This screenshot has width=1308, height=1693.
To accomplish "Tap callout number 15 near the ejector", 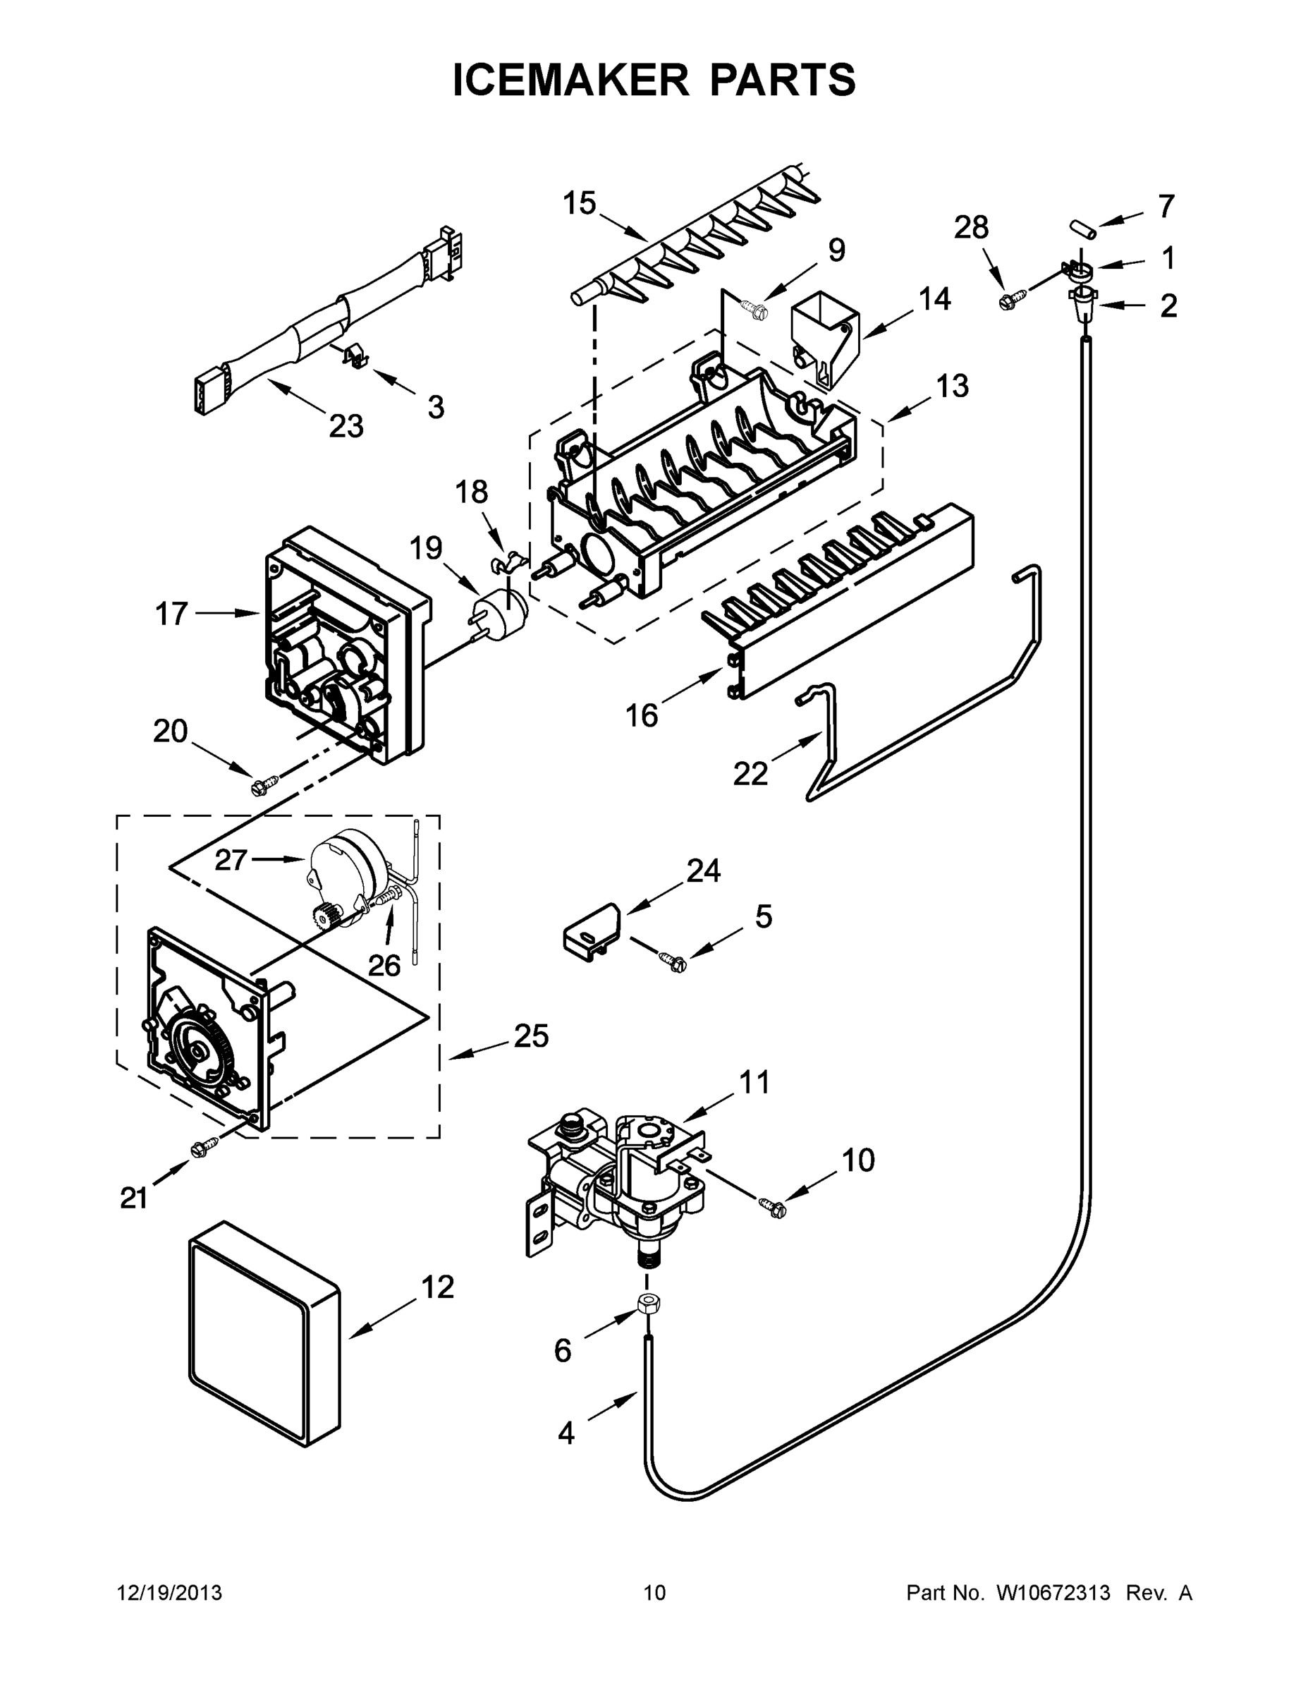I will click(579, 203).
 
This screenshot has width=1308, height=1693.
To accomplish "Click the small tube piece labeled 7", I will click(1080, 229).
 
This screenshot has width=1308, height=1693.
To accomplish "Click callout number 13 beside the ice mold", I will click(951, 385).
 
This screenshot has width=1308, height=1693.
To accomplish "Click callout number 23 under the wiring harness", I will click(346, 425).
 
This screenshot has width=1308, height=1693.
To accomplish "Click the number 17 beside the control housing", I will click(171, 614).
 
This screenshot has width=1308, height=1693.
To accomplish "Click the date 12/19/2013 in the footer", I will click(169, 1593).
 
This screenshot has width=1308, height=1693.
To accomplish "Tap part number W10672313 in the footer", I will click(1052, 1593).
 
